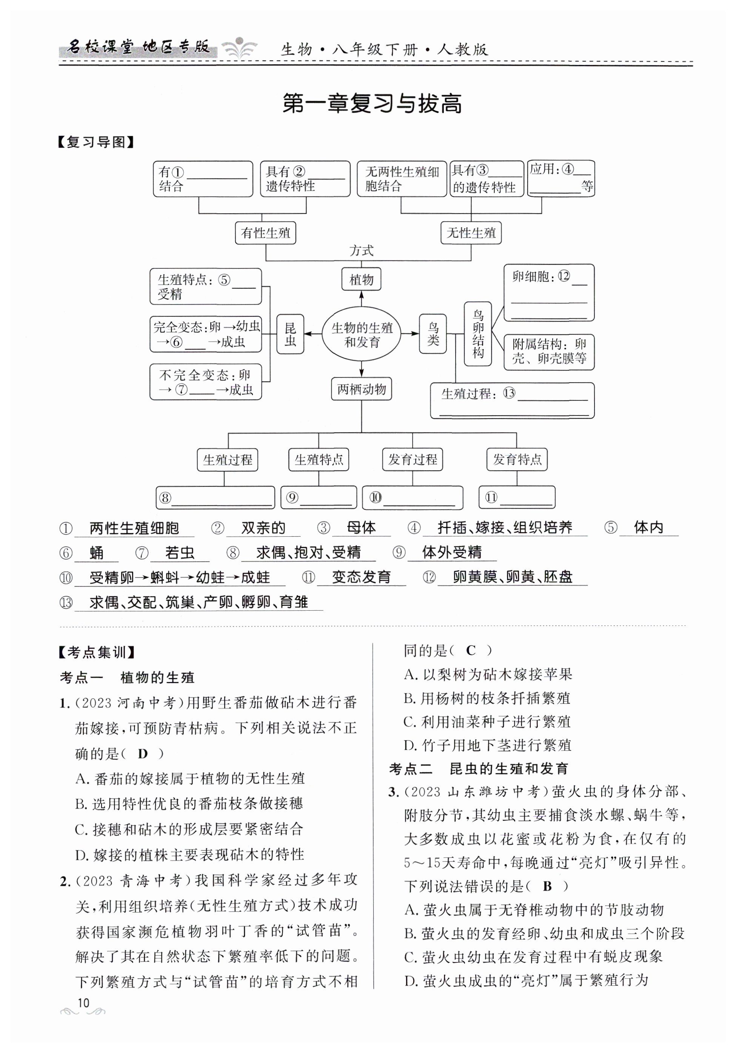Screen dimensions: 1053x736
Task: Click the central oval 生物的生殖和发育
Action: (361, 334)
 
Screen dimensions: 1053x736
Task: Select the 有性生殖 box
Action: (265, 233)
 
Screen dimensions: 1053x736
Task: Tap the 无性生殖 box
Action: (471, 233)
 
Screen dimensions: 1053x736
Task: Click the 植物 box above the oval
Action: (361, 279)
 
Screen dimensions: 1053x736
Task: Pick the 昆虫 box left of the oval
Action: (290, 334)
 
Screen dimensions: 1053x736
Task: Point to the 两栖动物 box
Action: (361, 389)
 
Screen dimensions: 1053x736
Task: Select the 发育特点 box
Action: (517, 460)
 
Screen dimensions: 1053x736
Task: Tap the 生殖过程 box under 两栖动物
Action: (228, 460)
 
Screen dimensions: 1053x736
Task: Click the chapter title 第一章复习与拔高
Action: (372, 104)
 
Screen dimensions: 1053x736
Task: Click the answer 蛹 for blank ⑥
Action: (96, 553)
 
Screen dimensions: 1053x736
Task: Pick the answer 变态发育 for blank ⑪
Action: (361, 577)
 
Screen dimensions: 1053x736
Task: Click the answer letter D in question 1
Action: (143, 754)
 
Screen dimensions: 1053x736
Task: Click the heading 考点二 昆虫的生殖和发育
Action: (479, 769)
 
